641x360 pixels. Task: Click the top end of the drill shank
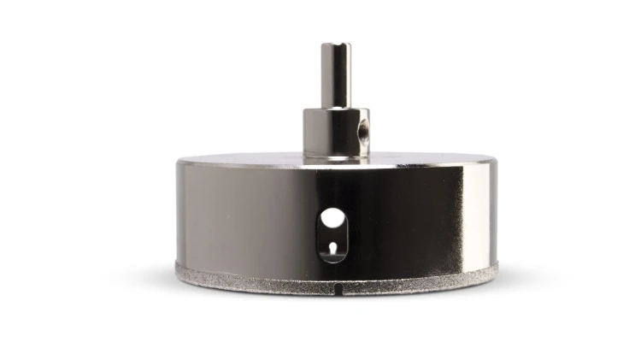[336, 44]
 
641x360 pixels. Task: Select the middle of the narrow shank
[336, 77]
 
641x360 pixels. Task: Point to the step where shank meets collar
[336, 109]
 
